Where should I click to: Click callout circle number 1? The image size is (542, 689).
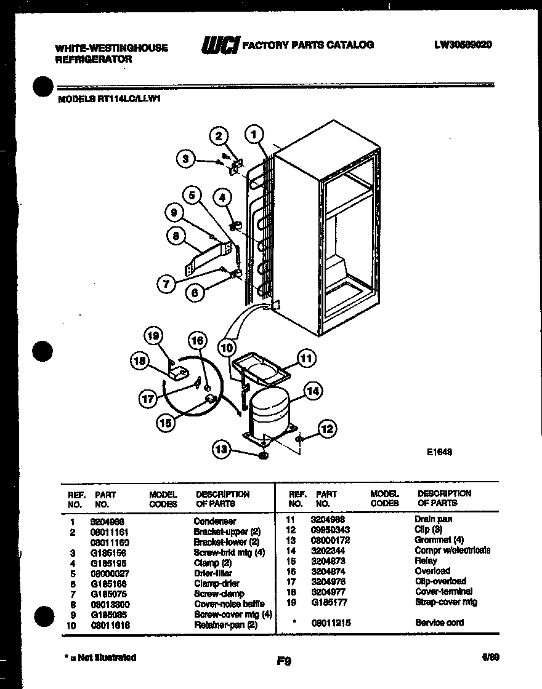(254, 133)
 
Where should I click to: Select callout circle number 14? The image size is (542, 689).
(312, 390)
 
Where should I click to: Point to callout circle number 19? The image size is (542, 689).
(153, 336)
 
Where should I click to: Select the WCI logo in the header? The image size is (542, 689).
(219, 46)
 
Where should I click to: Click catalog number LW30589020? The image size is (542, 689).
(463, 45)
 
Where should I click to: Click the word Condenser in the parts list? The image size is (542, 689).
(214, 521)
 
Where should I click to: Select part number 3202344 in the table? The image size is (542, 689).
(326, 550)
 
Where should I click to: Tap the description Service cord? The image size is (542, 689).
(439, 623)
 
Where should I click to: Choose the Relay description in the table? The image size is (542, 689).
(426, 560)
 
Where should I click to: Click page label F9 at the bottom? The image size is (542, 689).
(283, 662)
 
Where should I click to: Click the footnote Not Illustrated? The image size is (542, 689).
(103, 658)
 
